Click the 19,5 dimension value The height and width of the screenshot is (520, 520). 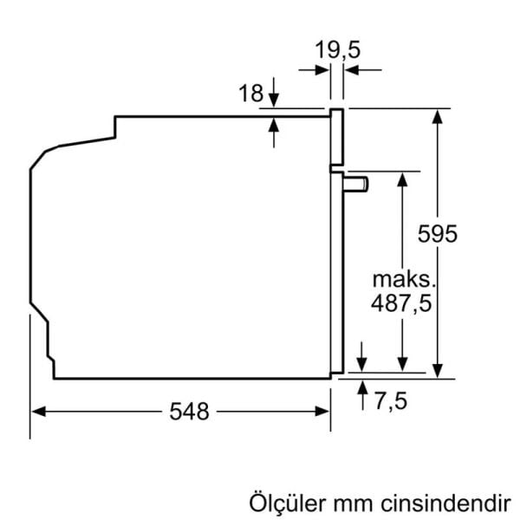click(x=336, y=50)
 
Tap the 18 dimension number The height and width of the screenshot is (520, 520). click(x=250, y=94)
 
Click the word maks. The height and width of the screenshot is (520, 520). click(x=401, y=280)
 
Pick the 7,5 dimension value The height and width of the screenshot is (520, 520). click(x=391, y=401)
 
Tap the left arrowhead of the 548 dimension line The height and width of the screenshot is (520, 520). click(x=38, y=413)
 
